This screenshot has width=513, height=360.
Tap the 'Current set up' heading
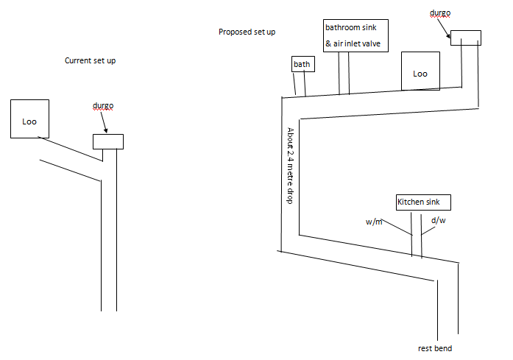click(90, 60)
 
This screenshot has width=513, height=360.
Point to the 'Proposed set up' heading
click(247, 32)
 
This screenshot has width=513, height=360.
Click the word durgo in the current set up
click(103, 106)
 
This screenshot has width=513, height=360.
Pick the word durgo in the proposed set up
click(440, 13)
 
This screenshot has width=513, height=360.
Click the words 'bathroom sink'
click(351, 27)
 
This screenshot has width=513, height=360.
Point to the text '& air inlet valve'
click(353, 43)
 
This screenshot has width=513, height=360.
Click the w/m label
click(374, 222)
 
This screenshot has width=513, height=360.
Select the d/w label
click(439, 220)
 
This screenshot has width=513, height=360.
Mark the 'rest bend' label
click(435, 348)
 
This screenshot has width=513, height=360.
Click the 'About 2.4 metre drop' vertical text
click(290, 166)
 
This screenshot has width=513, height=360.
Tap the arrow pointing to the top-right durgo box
click(443, 27)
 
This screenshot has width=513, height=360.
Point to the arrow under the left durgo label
click(104, 122)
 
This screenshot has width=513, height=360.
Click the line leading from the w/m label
click(397, 227)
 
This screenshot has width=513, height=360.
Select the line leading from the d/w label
click(428, 230)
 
